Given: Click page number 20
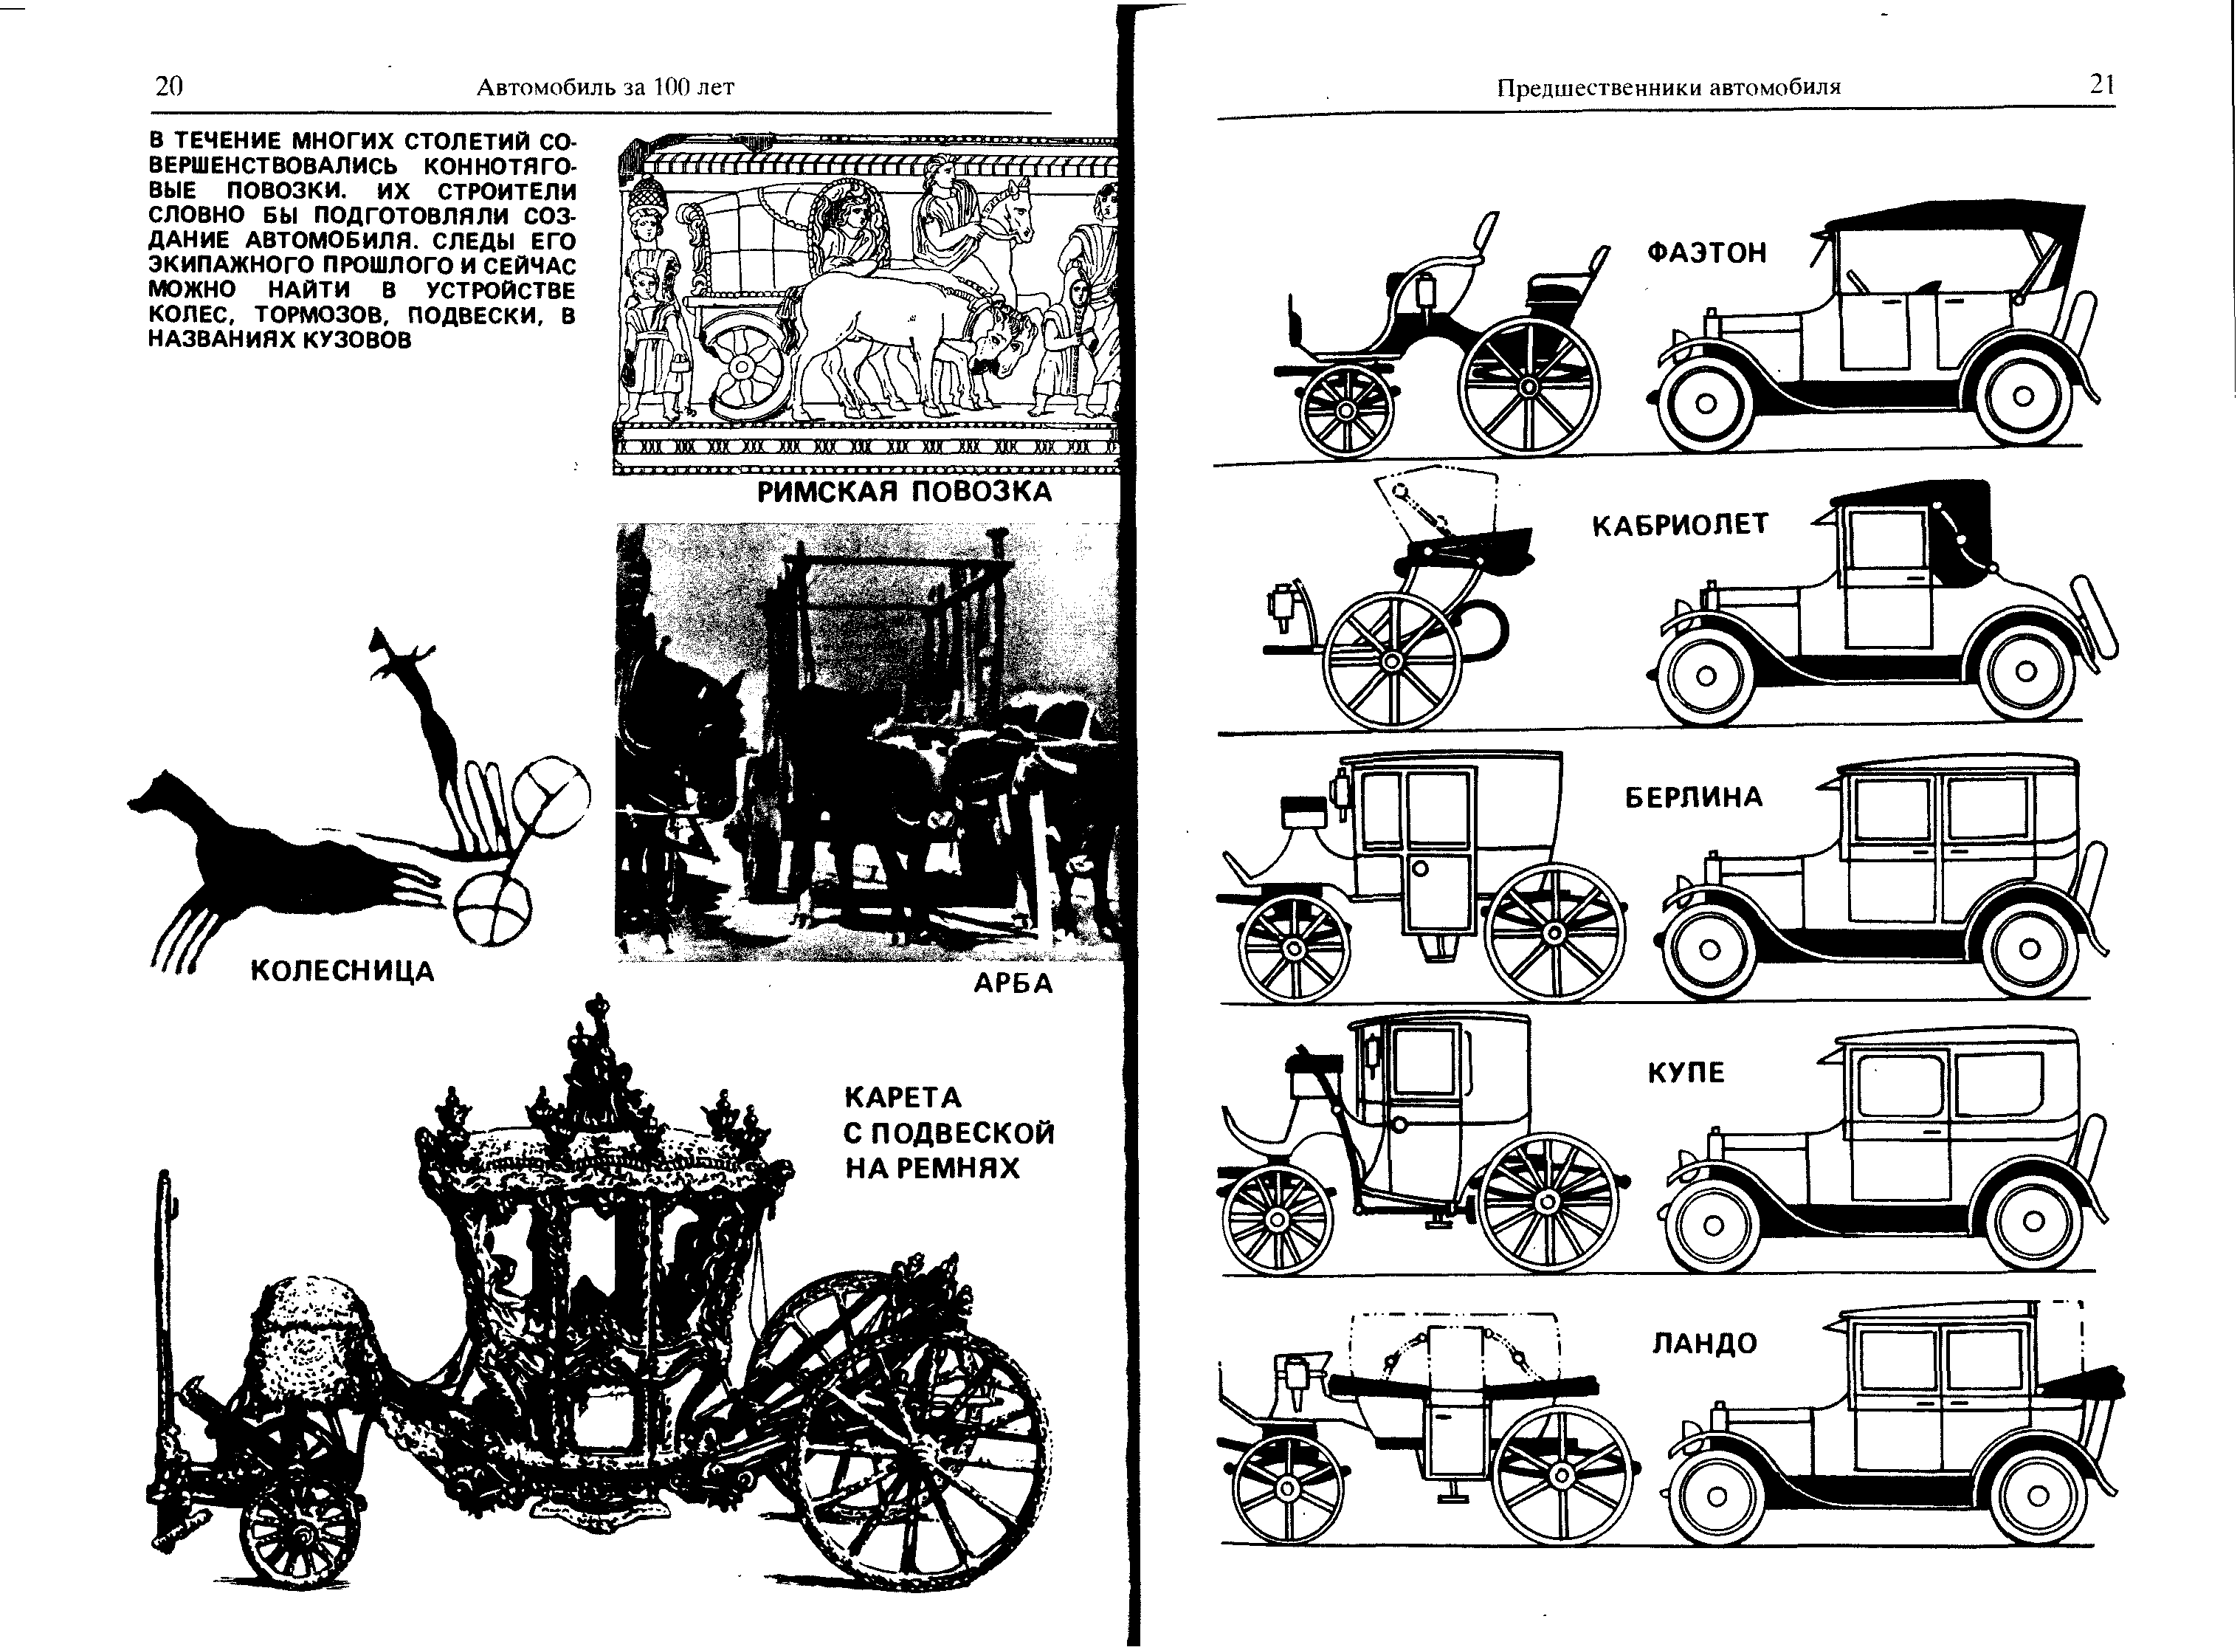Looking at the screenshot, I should pos(170,87).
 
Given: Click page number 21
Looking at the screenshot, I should pos(2102,85).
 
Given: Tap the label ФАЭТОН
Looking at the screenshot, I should pos(1706,252).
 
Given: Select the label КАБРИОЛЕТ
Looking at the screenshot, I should pos(1680,524).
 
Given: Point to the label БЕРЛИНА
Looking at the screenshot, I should pos(1694,797).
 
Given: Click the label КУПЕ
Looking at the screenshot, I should pos(1686,1073).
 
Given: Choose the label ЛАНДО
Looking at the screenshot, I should pos(1703,1344).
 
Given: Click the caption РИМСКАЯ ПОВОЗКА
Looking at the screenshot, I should pos(904,492).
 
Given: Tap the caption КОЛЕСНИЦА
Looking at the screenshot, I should pos(342,971).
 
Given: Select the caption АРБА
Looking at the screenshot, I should pos(1013,984).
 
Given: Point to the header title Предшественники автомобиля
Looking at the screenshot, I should pos(1668,88).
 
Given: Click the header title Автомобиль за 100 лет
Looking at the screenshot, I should pos(605,88).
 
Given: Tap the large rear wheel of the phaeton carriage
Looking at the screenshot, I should pos(1528,385).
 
